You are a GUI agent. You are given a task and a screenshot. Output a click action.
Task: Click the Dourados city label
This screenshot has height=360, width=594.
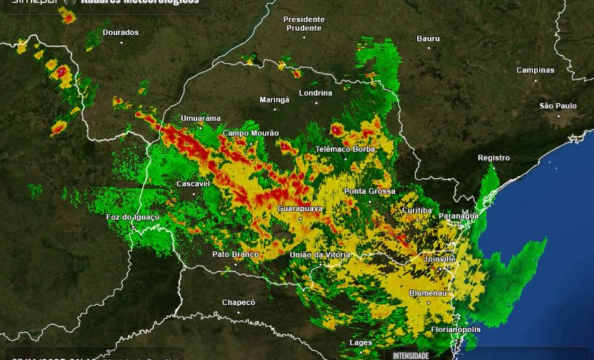pos(121,32)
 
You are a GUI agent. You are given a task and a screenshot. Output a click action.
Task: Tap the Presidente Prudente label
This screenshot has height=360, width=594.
pos(303,24)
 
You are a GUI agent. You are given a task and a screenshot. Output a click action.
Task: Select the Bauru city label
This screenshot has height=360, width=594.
pos(428,39)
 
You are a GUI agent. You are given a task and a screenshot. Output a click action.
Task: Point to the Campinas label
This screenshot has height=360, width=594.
pos(536,70)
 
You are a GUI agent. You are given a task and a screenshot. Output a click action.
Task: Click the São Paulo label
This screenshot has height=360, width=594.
pos(558,106)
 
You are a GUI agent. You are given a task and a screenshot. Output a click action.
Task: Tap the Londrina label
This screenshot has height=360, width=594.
pos(316,93)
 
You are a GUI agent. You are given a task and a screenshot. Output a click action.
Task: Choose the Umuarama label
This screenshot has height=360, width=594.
pos(201,118)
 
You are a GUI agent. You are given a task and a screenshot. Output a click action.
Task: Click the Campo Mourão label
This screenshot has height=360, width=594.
pos(251,133)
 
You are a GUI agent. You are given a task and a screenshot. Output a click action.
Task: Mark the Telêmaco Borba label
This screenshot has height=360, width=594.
pos(345,149)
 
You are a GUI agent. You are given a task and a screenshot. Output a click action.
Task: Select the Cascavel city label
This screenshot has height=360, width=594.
pos(193,184)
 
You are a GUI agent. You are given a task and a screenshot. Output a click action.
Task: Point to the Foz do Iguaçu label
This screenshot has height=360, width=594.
pos(133,217)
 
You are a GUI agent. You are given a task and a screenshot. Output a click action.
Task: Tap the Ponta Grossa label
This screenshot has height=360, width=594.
pos(369,191)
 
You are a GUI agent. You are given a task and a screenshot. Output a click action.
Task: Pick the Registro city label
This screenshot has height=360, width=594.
pos(493,158)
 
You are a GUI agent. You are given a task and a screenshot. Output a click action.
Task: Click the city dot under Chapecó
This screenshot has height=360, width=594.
pos(238,312)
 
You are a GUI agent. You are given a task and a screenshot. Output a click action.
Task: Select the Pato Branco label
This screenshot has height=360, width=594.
pos(235,254)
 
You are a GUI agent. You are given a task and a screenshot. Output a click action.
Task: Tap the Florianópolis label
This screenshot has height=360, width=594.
pos(456,330)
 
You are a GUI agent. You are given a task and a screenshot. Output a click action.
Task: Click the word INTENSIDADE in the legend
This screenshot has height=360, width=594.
pos(411,355)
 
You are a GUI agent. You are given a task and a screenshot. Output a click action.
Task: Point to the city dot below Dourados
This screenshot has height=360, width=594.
pos(121,42)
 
